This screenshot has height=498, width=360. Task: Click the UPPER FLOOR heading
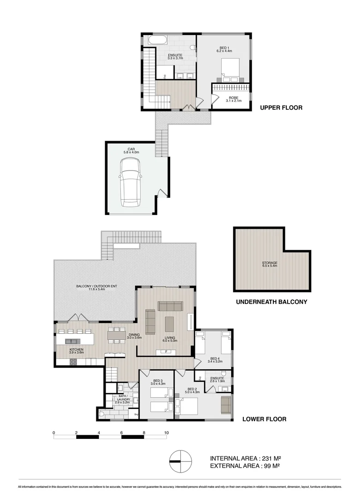(x=281, y=108)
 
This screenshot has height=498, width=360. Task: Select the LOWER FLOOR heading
(x=265, y=419)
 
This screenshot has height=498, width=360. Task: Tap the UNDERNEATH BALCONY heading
(x=271, y=302)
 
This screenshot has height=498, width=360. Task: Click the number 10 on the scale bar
(x=166, y=433)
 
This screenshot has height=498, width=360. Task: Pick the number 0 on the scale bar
(x=54, y=433)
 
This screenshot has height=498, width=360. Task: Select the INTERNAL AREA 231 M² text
(x=245, y=458)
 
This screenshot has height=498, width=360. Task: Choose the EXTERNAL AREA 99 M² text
(x=245, y=466)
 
